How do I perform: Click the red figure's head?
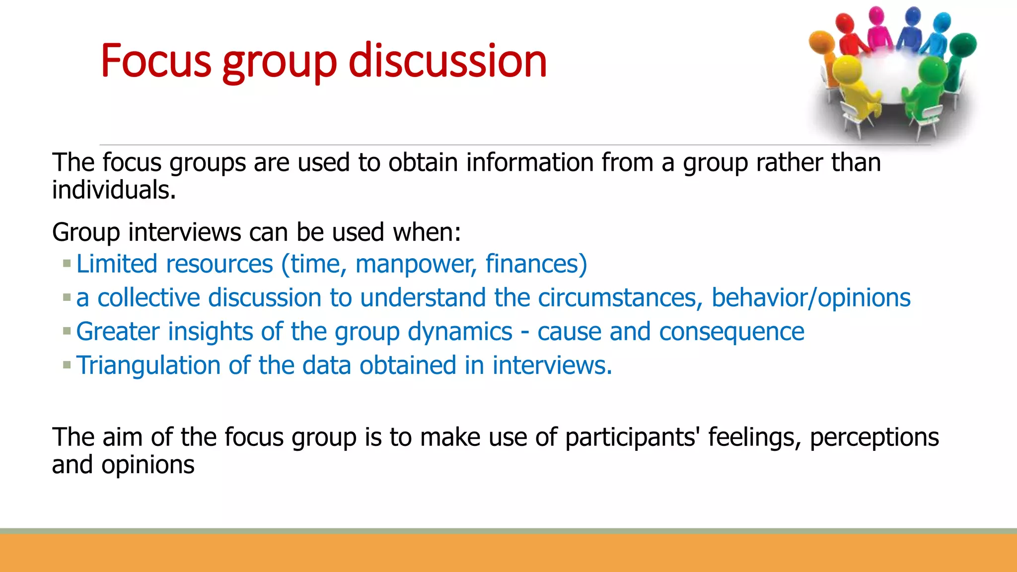844,22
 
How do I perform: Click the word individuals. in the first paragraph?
114,190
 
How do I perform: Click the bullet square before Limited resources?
67,264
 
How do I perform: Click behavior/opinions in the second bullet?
810,298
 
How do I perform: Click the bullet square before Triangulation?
67,365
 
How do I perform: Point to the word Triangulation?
148,365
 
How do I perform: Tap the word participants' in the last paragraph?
633,437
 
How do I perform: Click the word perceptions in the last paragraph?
874,437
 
